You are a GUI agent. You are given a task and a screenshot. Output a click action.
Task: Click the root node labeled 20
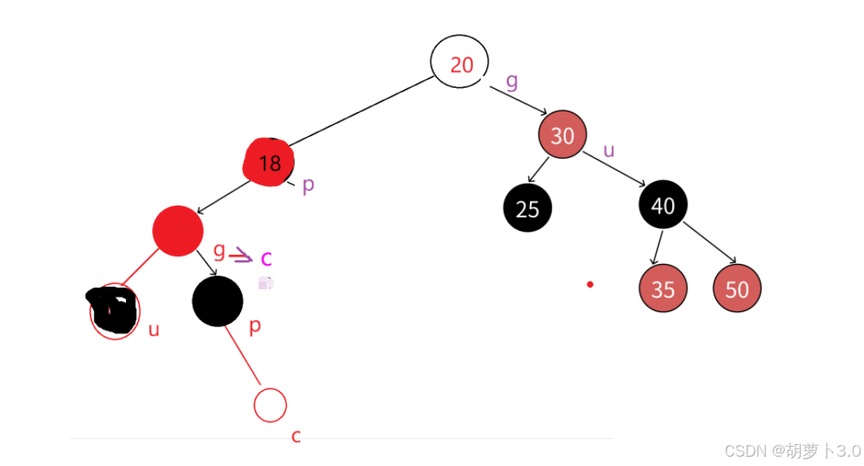point(460,63)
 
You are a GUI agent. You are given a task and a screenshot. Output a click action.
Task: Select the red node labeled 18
point(269,162)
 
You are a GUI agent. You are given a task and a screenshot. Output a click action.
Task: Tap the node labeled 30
point(562,135)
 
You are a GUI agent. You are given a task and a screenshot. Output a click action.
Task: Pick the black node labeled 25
point(528,208)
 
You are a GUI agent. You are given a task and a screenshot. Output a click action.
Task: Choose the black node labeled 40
point(664,205)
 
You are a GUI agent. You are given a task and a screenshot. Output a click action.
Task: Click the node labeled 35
point(663,288)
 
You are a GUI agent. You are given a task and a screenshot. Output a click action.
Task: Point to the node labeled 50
point(737,288)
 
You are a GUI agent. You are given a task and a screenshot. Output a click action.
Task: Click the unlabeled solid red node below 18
point(178,230)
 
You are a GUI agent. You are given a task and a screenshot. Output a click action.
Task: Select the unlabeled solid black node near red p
point(217,301)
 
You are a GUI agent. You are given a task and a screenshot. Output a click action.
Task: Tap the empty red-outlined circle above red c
point(271,404)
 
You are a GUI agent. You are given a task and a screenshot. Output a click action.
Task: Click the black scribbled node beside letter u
point(112,310)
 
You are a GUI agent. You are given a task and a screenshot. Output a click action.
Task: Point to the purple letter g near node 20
point(511,81)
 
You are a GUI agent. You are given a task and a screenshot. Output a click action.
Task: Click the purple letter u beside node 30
point(609,151)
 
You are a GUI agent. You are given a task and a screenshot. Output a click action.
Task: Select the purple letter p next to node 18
point(309,185)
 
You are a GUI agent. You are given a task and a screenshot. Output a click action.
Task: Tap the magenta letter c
point(266,259)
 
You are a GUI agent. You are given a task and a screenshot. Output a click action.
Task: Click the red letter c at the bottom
point(296,436)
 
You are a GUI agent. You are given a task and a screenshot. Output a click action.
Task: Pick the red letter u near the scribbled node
point(154,330)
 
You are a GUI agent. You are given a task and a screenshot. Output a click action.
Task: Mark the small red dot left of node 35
point(590,284)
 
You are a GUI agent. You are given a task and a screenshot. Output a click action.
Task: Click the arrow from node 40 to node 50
point(708,242)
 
